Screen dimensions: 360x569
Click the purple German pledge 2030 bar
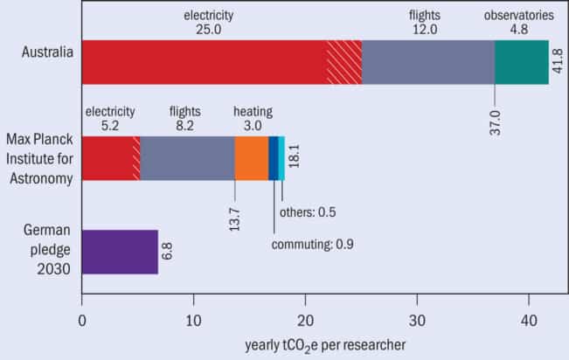click(x=119, y=252)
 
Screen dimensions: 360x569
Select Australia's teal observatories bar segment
click(x=522, y=63)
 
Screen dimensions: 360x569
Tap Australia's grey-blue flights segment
click(x=428, y=63)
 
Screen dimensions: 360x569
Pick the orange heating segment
click(x=251, y=158)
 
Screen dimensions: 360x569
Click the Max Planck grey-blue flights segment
click(x=187, y=158)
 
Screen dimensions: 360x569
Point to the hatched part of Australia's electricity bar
click(x=343, y=63)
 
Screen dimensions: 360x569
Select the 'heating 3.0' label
click(x=253, y=119)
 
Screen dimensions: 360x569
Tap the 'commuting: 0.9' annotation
click(x=312, y=243)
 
